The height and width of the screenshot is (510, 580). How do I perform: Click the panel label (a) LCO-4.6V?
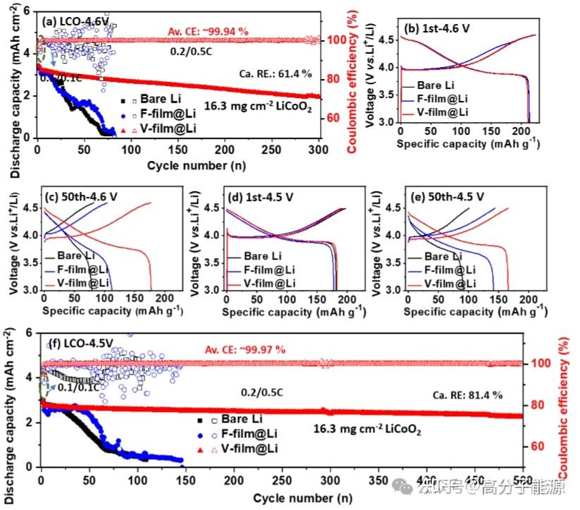pos(76,22)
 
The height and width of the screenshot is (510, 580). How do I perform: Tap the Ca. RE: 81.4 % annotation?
pos(467,395)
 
